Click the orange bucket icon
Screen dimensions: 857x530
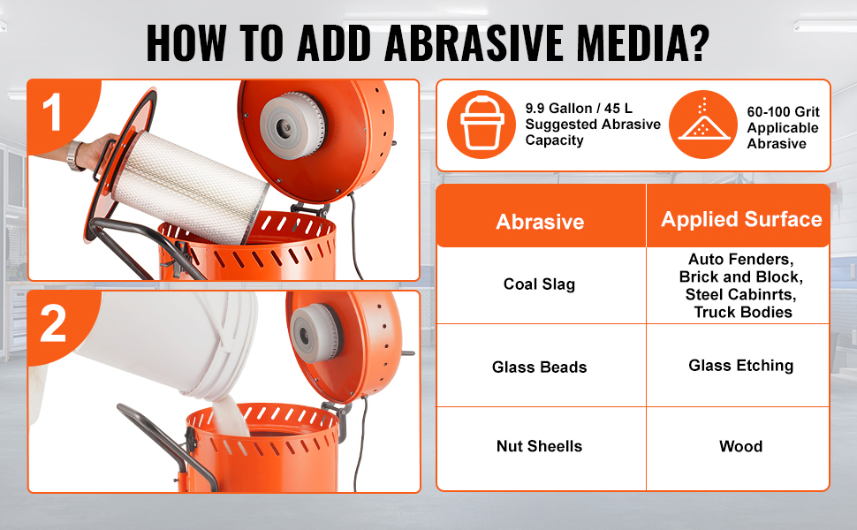(x=482, y=125)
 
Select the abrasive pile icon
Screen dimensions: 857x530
(x=703, y=125)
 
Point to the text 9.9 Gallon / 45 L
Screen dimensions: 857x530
(x=579, y=108)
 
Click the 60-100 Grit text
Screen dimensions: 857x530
(x=783, y=112)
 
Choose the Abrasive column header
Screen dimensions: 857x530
(x=540, y=222)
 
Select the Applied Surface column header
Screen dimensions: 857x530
(x=741, y=219)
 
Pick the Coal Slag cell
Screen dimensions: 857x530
(x=539, y=284)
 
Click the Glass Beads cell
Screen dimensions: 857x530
(x=540, y=367)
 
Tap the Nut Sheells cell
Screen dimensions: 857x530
(x=540, y=446)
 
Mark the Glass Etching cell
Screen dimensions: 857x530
(x=740, y=366)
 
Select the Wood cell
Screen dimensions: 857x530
(x=740, y=446)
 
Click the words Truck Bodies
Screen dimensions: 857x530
(x=743, y=313)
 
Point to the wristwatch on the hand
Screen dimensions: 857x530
(x=74, y=155)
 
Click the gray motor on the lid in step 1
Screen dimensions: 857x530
(x=292, y=125)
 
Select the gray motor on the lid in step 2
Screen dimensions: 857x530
(x=315, y=333)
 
